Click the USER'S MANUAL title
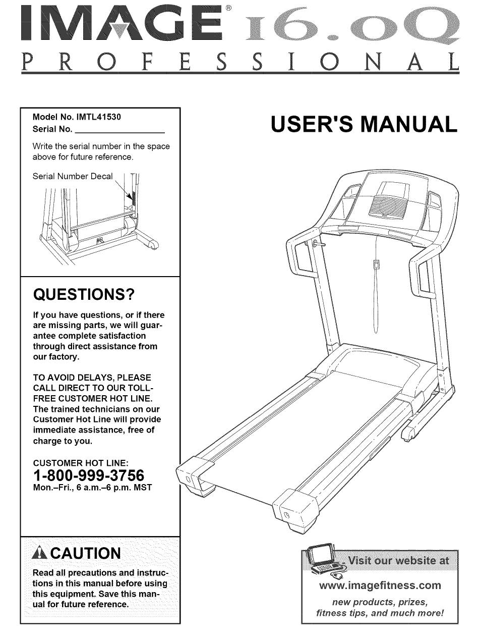pos(364,125)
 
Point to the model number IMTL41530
pos(99,117)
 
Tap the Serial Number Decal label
pos(73,176)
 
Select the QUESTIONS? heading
pos(85,294)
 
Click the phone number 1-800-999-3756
pos(89,475)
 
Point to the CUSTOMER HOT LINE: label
pos(81,462)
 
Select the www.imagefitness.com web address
pos(380,586)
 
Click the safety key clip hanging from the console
pos(376,265)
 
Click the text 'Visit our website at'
pos(399,561)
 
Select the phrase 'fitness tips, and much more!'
pos(380,613)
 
